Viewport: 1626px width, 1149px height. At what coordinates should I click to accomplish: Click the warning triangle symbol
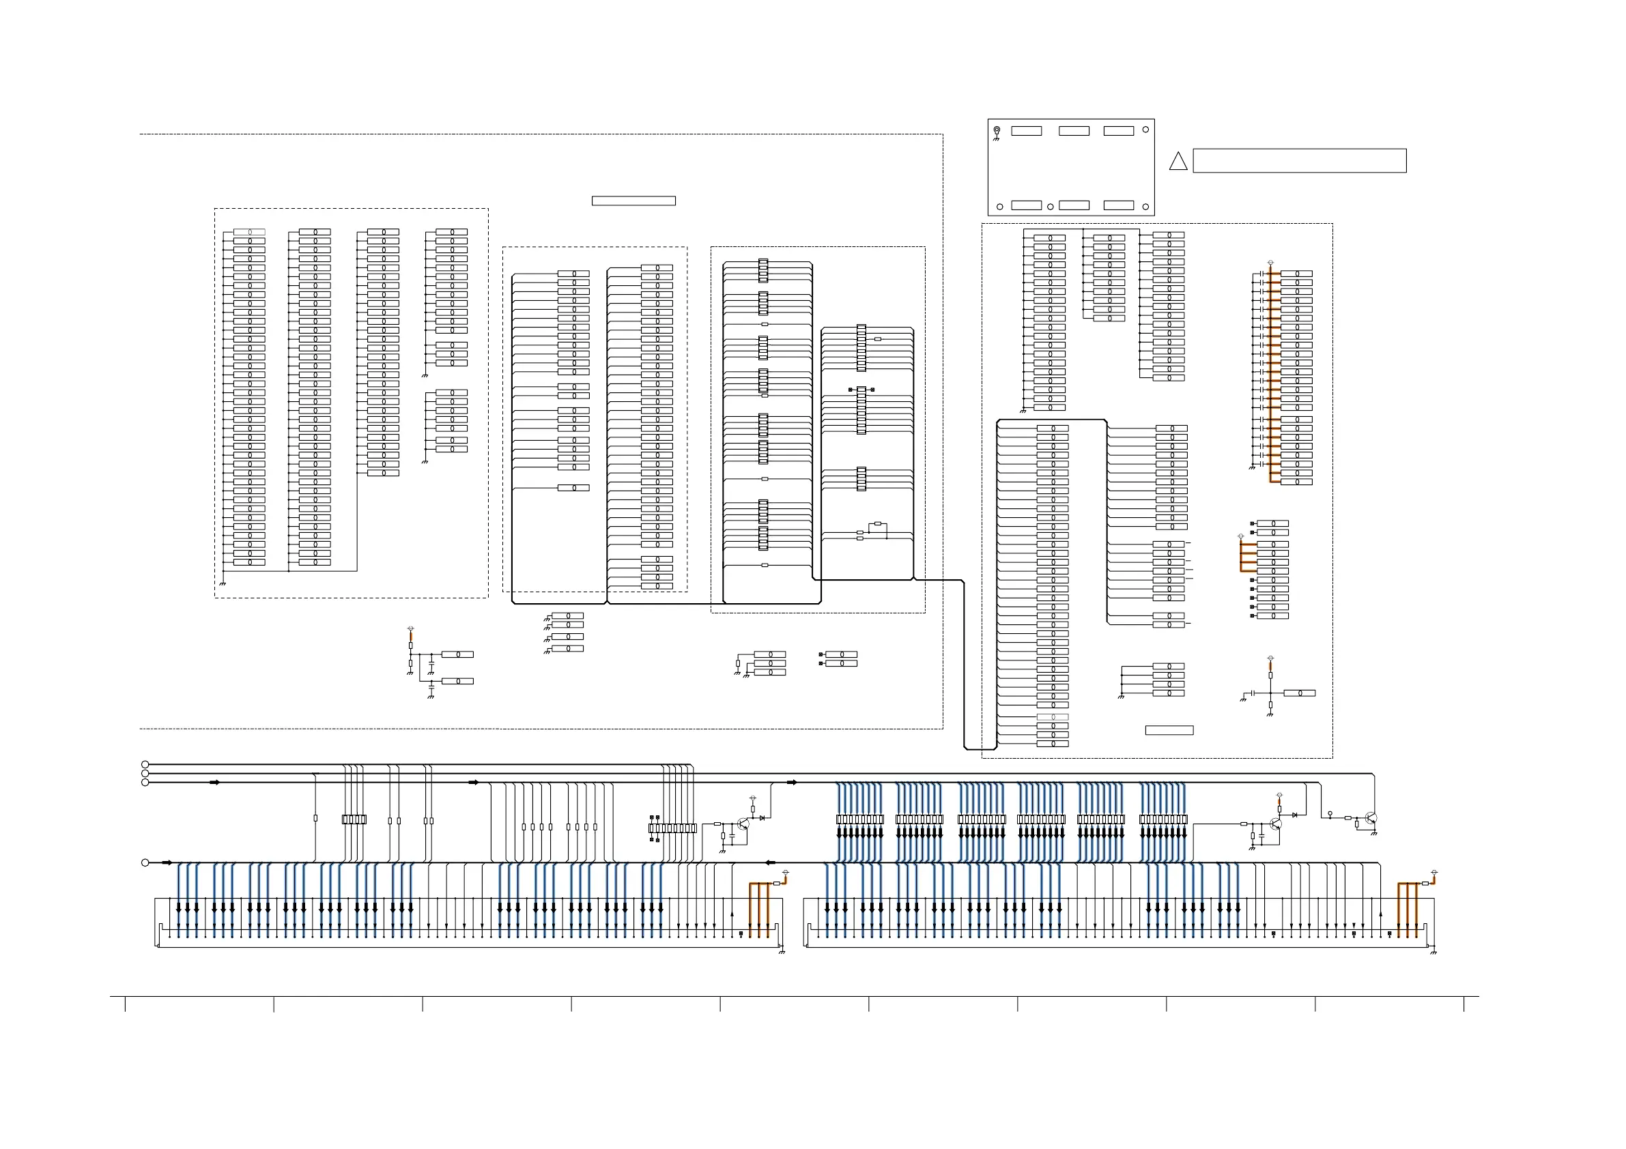pos(1178,162)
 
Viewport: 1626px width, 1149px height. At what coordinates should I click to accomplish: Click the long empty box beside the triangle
pos(1299,161)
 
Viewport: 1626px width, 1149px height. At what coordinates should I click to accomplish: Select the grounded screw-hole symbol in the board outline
pos(997,131)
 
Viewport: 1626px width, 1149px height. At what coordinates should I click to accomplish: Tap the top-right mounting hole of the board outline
pos(1145,130)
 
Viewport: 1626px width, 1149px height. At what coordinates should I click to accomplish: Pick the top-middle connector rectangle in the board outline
pos(1074,131)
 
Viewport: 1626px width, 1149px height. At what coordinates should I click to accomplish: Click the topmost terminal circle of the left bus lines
pos(145,765)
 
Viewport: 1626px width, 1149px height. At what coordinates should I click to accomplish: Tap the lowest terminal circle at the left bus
pos(145,862)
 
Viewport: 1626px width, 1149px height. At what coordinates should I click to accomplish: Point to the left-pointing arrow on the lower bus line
pos(771,862)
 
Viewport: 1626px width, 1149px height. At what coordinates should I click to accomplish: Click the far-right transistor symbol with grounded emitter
pos(1370,818)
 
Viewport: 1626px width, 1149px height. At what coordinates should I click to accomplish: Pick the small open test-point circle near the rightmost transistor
pos(1330,814)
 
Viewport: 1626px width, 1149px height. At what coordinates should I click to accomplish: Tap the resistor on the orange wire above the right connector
pos(1425,884)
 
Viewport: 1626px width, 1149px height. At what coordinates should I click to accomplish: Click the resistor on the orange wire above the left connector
pos(776,884)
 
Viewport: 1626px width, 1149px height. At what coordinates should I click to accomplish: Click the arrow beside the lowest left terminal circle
pos(167,862)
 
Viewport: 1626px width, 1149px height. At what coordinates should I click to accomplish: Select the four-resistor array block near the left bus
pos(354,819)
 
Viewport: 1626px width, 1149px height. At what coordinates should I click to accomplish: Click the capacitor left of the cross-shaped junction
pos(1253,693)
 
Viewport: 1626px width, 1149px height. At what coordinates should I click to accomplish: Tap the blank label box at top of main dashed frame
pos(633,201)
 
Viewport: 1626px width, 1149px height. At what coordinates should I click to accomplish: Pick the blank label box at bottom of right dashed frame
pos(1169,730)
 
